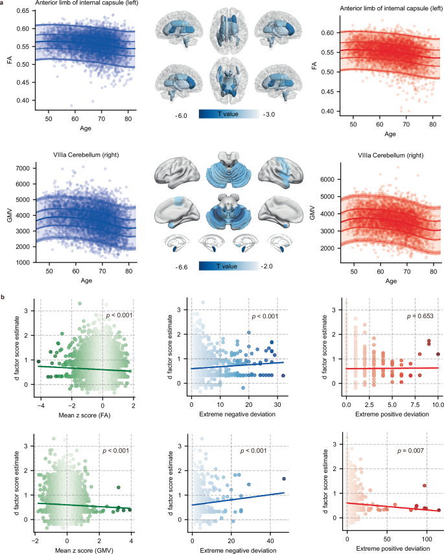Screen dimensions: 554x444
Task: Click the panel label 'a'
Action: [x=3, y=4]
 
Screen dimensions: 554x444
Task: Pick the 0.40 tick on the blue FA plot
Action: [x=20, y=100]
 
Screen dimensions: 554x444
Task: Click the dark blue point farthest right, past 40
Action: [x=284, y=479]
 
